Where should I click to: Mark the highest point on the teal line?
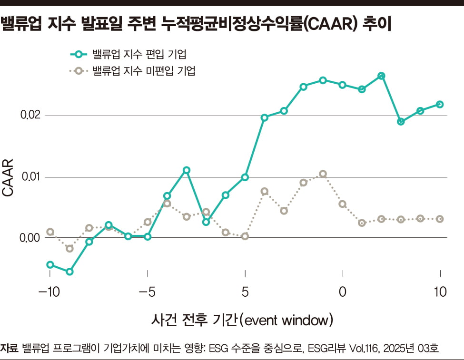(381, 76)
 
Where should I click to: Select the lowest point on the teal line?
(69, 272)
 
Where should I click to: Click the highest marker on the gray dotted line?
(323, 174)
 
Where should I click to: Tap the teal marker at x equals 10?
(440, 104)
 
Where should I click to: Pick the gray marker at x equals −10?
(50, 232)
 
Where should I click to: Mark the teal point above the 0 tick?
(343, 85)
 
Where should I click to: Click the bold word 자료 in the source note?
(10, 349)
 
